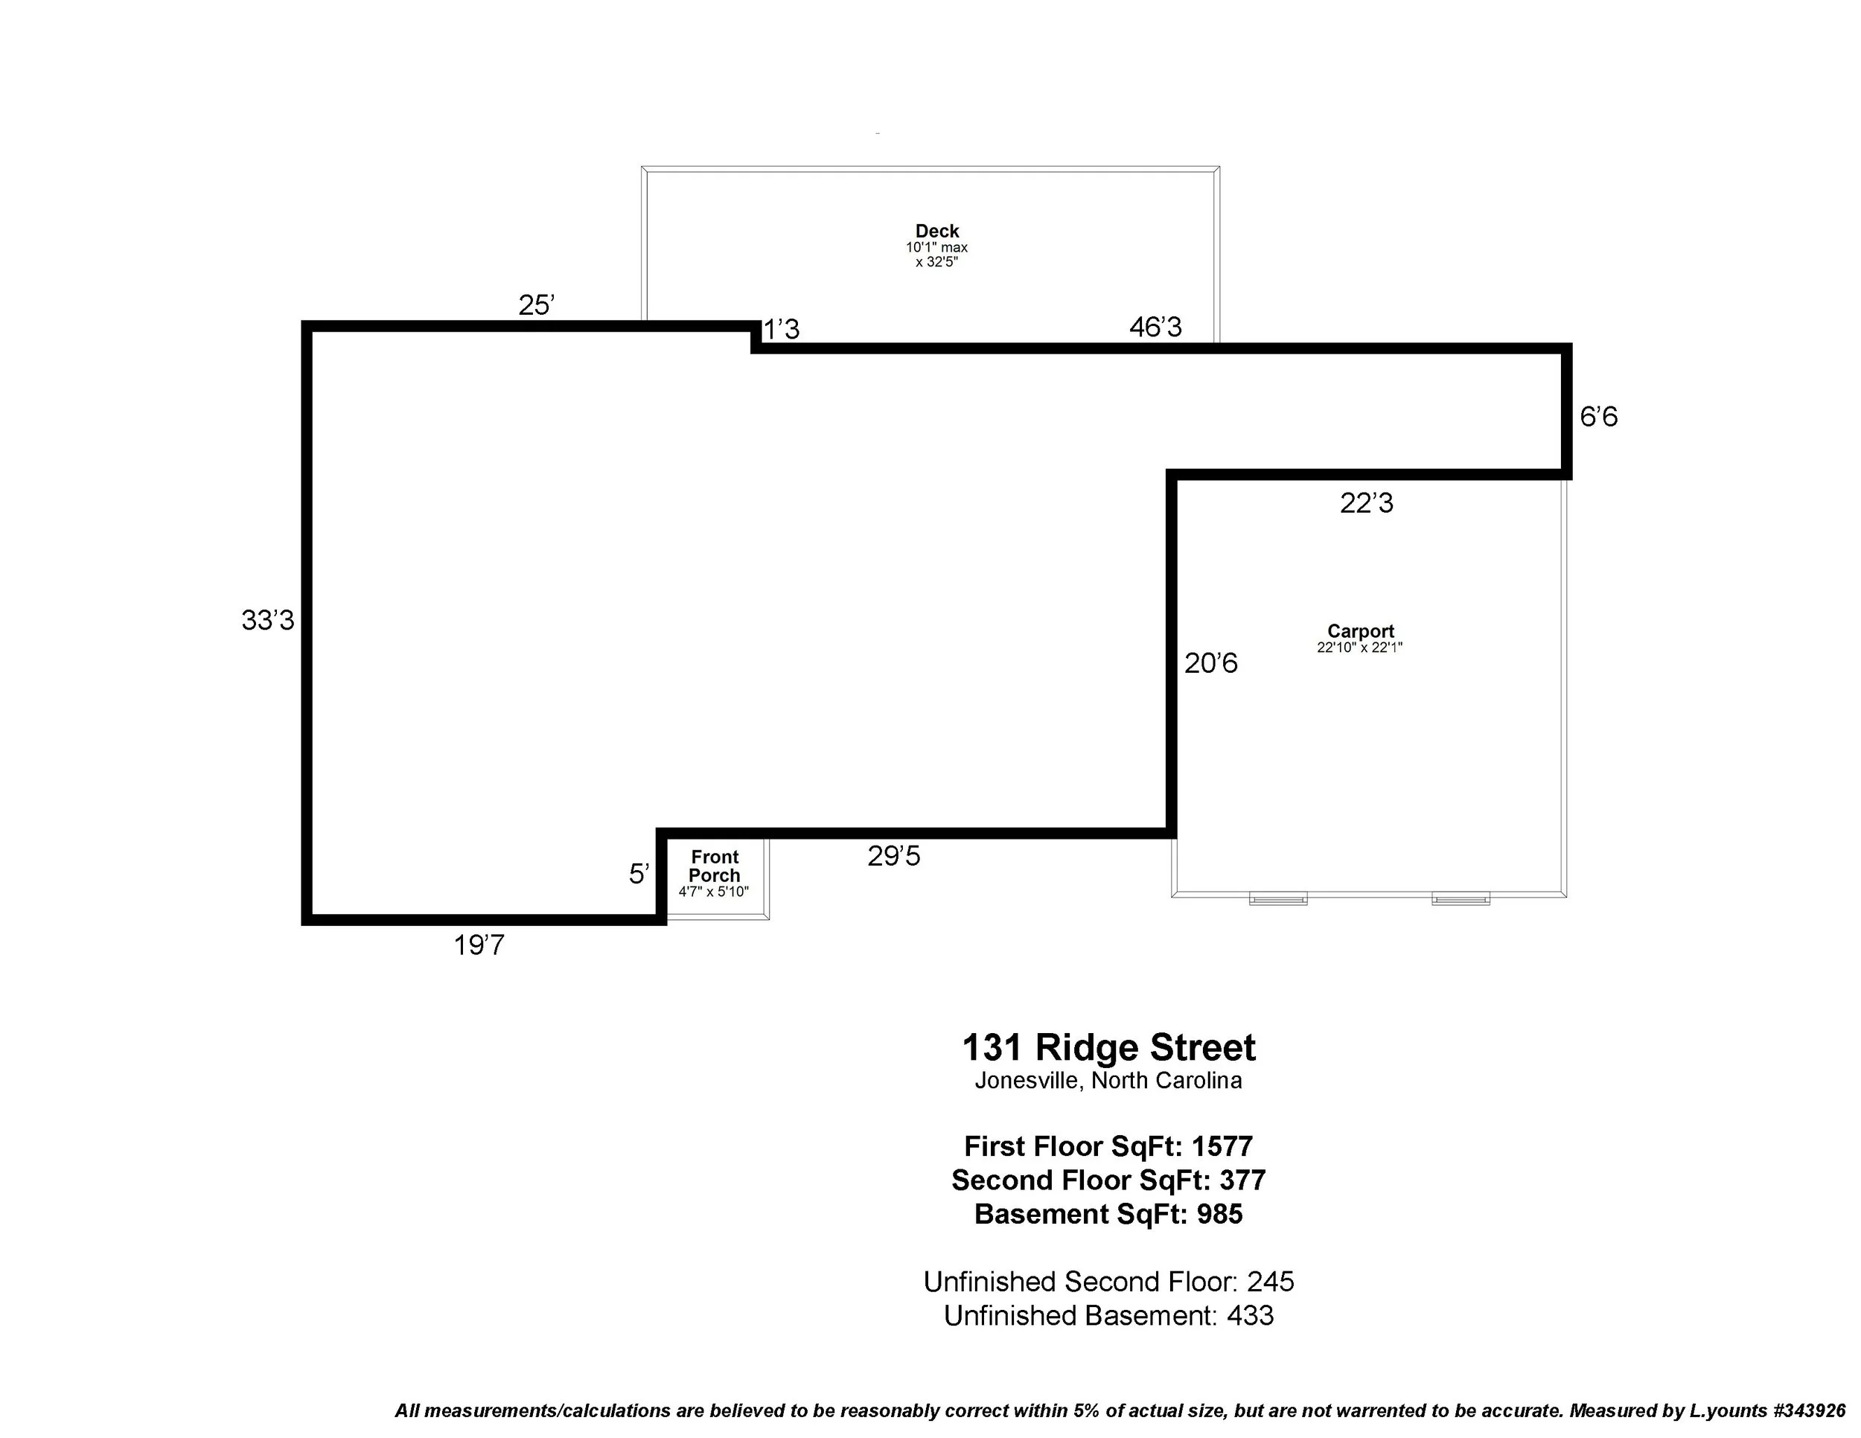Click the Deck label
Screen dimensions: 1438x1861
[936, 231]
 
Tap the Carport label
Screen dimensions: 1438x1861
[1360, 631]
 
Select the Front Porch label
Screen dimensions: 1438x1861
[714, 866]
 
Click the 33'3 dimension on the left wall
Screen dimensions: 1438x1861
[267, 621]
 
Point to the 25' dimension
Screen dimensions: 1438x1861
[536, 305]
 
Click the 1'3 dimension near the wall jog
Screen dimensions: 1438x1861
[782, 330]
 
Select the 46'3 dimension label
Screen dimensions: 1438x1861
[1155, 327]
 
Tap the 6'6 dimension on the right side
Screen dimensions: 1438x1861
[1597, 418]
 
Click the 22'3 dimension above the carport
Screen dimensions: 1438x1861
[1366, 503]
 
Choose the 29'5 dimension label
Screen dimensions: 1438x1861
[893, 856]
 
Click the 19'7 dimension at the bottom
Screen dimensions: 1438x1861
[479, 945]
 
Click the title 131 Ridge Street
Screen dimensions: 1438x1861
[1108, 1048]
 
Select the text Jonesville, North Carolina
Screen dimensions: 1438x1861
[1108, 1081]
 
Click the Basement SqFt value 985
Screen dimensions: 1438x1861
[1219, 1214]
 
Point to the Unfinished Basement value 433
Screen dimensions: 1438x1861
[1250, 1315]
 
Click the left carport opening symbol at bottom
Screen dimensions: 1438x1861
[1277, 898]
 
